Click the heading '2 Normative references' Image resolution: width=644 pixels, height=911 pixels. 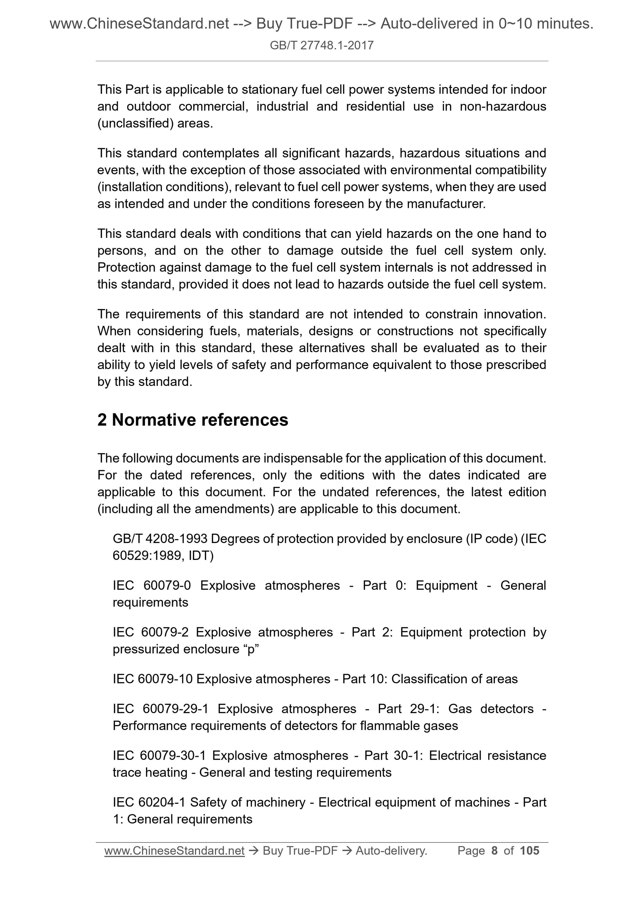tap(193, 420)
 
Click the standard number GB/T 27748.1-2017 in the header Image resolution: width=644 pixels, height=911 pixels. tap(321, 45)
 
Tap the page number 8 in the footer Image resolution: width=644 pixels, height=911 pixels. tap(494, 850)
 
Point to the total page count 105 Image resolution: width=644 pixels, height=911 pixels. tap(529, 850)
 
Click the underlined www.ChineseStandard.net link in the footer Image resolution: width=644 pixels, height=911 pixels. tap(174, 851)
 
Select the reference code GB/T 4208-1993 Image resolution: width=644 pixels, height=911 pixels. tap(160, 539)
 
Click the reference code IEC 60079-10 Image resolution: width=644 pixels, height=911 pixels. tap(153, 679)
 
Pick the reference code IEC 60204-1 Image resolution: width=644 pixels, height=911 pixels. tap(149, 802)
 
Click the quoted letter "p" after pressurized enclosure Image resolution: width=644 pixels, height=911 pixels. tap(251, 649)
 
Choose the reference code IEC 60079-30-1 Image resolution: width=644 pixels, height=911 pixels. tap(159, 755)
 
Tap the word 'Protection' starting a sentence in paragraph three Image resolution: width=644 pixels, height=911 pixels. tap(126, 267)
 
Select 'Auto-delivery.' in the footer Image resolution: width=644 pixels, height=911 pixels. tap(391, 851)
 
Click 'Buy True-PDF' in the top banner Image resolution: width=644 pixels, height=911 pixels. tap(304, 24)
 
